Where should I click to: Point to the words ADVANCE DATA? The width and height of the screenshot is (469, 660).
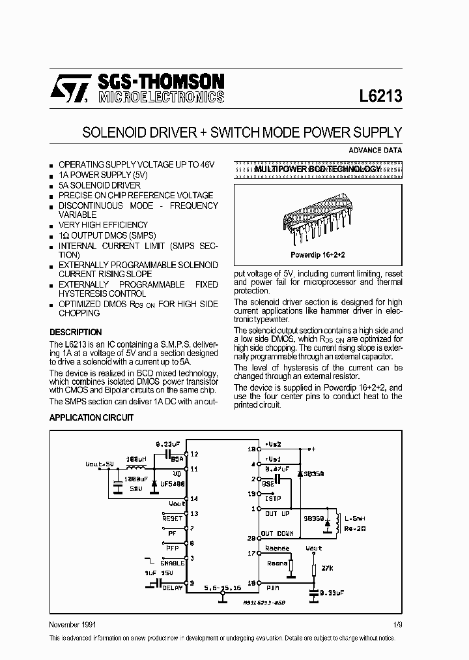[375, 150]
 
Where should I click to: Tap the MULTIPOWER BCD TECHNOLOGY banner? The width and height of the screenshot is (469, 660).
[317, 169]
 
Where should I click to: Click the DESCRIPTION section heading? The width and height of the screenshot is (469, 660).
[76, 332]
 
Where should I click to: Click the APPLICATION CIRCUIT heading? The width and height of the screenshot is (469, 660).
[92, 417]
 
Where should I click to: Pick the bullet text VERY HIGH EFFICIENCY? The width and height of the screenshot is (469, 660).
[103, 224]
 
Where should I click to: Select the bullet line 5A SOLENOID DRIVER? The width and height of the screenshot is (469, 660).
[99, 185]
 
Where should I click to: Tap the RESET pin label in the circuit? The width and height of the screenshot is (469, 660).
[173, 517]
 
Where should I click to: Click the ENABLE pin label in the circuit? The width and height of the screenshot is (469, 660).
[171, 562]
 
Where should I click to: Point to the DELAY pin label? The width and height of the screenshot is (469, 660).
[173, 588]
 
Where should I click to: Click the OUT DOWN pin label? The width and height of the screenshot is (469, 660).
[277, 533]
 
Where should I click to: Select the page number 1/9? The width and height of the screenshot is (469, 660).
[397, 625]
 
